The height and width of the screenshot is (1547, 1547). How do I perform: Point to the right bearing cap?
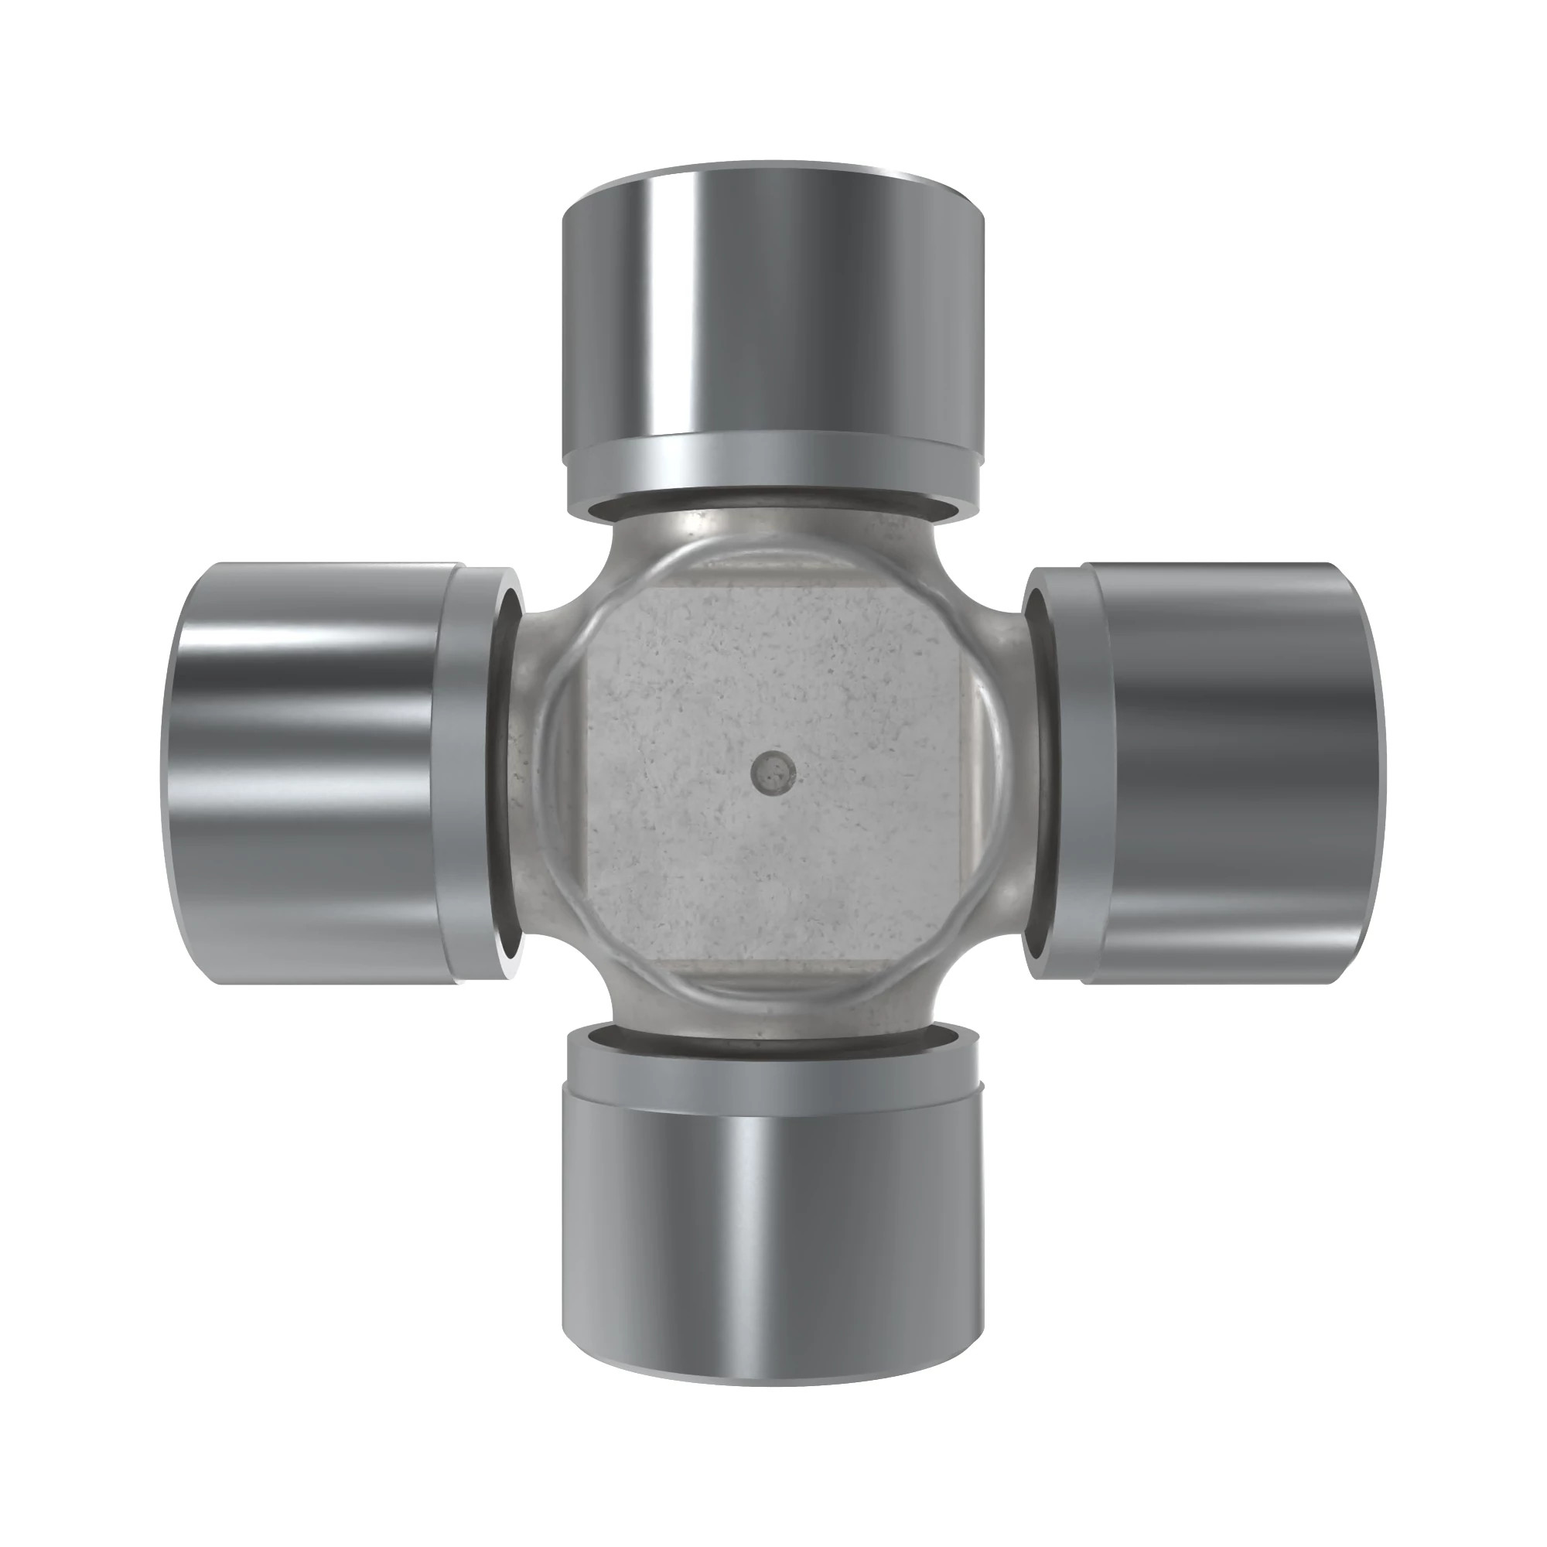1233,773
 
